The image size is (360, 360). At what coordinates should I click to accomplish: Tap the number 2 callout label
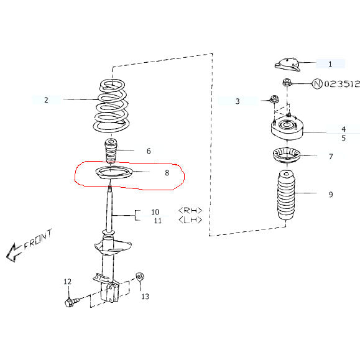46,99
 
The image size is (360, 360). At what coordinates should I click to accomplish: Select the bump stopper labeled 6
110,151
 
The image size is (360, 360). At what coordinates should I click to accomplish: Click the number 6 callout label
149,151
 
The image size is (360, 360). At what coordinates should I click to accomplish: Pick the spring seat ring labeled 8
111,175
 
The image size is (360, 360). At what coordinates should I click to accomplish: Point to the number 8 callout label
167,174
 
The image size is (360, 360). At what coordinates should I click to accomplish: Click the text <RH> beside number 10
190,211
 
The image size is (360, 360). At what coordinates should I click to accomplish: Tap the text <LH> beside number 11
190,220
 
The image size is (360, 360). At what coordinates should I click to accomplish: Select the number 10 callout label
155,212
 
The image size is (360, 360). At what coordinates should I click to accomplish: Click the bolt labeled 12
71,303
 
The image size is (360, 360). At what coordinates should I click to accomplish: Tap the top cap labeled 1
287,63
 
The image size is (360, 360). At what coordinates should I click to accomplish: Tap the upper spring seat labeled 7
286,155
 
